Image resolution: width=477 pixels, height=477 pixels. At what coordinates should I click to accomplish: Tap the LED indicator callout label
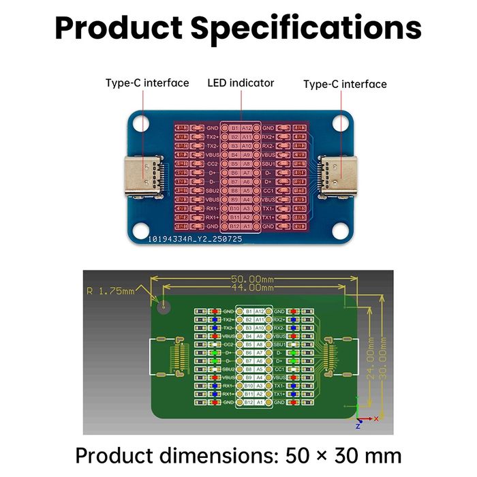tap(241, 83)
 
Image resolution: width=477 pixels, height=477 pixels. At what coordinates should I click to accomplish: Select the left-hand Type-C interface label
tap(147, 83)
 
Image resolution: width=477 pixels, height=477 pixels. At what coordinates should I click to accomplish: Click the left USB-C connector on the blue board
tap(142, 177)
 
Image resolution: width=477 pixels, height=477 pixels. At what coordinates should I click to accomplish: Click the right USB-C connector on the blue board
tap(339, 176)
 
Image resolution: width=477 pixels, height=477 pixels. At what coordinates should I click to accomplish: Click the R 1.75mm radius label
tap(110, 291)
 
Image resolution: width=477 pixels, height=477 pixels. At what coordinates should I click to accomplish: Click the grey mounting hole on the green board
tap(164, 306)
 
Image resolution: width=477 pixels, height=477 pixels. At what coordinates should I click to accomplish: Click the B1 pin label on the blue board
tap(234, 127)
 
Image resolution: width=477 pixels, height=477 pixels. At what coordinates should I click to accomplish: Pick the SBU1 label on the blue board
tap(268, 164)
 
